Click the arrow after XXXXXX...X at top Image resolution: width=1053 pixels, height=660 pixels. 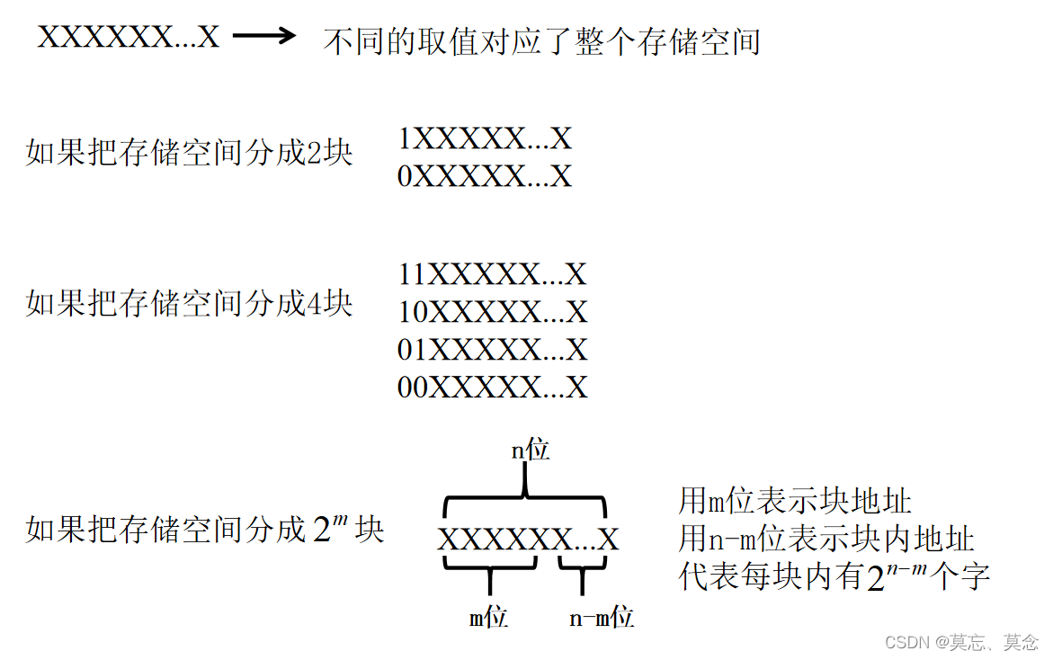(264, 37)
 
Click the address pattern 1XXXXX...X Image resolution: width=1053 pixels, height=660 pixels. (485, 139)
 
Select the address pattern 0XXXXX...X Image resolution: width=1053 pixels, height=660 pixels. (485, 176)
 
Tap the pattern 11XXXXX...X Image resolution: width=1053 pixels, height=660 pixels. (492, 273)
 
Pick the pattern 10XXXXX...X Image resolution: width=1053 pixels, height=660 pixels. (492, 311)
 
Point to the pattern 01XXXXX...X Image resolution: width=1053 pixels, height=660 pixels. (492, 349)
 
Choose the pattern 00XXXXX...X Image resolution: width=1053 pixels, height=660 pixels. (492, 387)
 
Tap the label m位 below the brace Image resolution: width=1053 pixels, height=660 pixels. (489, 618)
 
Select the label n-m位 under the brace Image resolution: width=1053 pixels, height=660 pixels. (602, 618)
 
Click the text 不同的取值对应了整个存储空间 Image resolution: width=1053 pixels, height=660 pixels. (541, 41)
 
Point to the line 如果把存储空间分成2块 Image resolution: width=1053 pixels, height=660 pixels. (189, 154)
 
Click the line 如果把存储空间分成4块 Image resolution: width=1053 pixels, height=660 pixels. (189, 304)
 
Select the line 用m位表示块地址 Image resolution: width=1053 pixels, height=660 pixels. (795, 501)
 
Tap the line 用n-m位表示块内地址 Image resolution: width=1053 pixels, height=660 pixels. (826, 539)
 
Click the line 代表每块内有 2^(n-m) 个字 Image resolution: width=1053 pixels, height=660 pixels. (834, 576)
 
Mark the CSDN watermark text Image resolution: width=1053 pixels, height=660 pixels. (961, 642)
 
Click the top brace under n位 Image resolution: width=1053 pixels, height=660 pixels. (527, 495)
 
